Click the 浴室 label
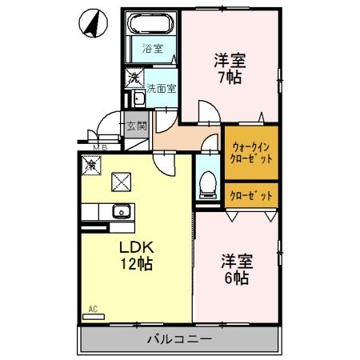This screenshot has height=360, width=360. [152, 49]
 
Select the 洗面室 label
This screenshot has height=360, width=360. [160, 89]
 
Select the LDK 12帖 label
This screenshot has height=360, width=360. [136, 254]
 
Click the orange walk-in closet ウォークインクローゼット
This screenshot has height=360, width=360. [251, 152]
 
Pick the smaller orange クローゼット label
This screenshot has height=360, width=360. [251, 194]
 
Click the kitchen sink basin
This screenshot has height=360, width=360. [121, 212]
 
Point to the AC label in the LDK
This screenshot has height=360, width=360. [93, 308]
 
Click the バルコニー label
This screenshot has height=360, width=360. [179, 339]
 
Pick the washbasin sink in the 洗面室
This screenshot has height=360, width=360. [137, 98]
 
